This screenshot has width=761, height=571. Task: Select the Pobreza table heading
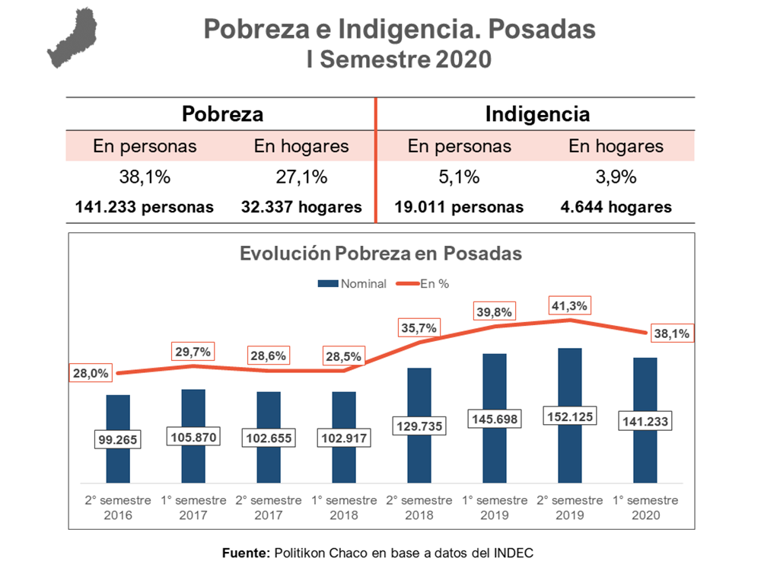pos(222,114)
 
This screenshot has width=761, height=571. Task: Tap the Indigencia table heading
pos(537,114)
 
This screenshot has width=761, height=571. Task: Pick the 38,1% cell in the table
pos(145,177)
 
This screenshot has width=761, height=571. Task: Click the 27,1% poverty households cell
pos(301,177)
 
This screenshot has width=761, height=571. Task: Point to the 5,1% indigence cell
pos(459,177)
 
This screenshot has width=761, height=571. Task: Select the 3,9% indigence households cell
pos(616,177)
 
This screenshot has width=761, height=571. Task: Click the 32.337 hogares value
pos(301,207)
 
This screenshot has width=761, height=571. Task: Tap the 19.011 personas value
pos(459,207)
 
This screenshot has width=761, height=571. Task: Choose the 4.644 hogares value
pos(616,207)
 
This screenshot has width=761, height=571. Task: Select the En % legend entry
pos(434,284)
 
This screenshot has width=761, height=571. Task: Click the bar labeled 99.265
pos(118,411)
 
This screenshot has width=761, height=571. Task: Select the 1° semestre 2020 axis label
pos(645,508)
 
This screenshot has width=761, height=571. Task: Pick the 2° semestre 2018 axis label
pos(419,508)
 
